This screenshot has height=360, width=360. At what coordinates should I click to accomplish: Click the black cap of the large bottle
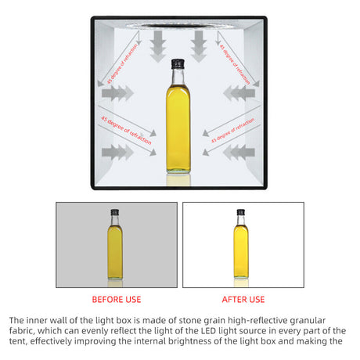click(x=178, y=64)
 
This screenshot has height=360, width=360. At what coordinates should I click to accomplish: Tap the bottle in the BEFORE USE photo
click(x=115, y=244)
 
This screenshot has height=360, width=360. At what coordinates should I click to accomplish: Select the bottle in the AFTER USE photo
click(x=241, y=243)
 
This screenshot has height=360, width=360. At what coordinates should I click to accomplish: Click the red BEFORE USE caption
click(x=117, y=299)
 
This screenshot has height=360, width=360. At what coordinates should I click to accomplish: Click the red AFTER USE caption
click(x=243, y=299)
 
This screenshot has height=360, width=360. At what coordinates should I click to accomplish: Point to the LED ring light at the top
click(x=178, y=26)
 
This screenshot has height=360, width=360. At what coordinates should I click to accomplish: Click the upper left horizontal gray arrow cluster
click(x=117, y=93)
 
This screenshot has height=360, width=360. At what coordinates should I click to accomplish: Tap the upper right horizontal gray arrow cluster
click(x=239, y=93)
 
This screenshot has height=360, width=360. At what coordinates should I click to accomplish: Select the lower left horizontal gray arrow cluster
click(x=117, y=152)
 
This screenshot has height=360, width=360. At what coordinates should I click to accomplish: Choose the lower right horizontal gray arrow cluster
click(x=239, y=152)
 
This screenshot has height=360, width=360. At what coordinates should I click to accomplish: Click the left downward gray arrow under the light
click(x=158, y=46)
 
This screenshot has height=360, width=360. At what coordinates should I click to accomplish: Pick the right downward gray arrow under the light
click(x=199, y=46)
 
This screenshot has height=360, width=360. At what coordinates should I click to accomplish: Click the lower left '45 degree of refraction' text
click(x=126, y=131)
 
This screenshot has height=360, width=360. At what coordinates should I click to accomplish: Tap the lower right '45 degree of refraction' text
click(x=232, y=131)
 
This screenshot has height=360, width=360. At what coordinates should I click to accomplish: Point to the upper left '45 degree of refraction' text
click(x=122, y=64)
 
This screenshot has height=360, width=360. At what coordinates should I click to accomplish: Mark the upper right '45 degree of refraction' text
click(x=234, y=64)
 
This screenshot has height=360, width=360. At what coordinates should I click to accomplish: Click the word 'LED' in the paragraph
click(x=208, y=331)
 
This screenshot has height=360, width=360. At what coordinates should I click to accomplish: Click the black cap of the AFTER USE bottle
click(x=241, y=212)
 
